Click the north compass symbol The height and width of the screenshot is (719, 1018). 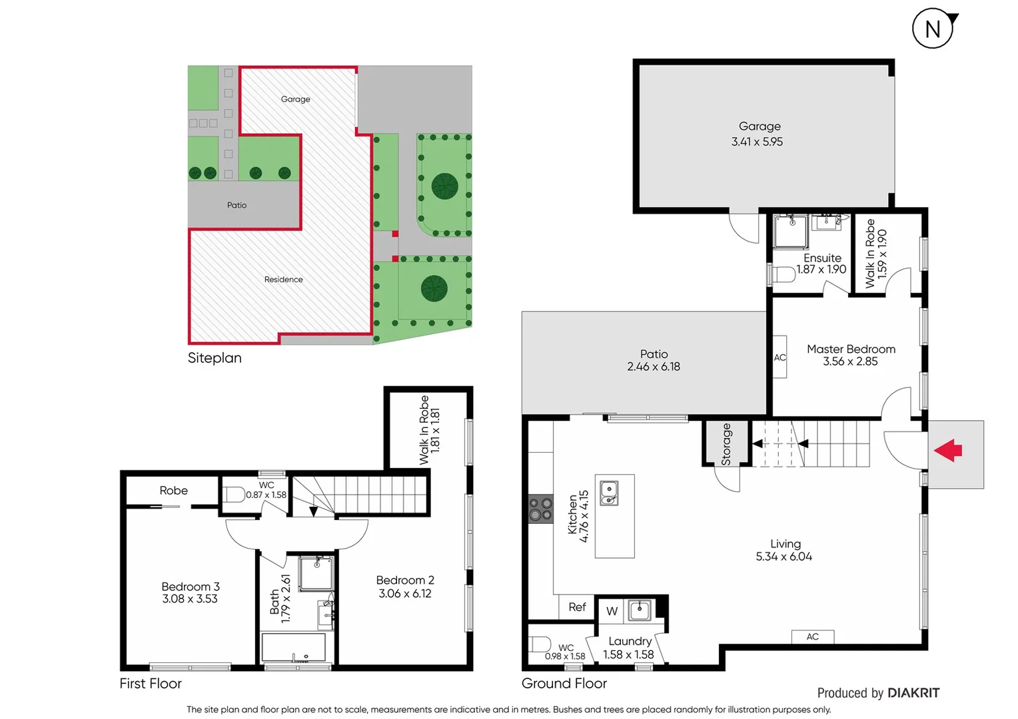(933, 29)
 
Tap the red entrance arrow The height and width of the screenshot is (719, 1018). (948, 451)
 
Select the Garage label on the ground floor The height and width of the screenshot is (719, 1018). (760, 126)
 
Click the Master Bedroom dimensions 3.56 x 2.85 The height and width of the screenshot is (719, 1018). (850, 361)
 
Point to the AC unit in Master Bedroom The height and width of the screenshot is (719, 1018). (779, 358)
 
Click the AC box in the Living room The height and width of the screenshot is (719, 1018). (812, 636)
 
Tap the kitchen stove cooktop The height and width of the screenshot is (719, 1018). (540, 509)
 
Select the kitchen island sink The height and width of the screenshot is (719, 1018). (609, 493)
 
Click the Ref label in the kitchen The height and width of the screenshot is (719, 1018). (577, 607)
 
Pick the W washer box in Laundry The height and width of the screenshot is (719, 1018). (612, 611)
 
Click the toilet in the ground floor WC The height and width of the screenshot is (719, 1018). (540, 644)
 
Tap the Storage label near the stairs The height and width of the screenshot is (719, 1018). (726, 444)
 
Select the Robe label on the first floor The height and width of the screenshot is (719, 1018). (173, 491)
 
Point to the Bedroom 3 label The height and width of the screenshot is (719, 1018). (191, 587)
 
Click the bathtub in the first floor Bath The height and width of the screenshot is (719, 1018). (294, 647)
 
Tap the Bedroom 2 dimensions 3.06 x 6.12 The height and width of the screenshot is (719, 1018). (405, 593)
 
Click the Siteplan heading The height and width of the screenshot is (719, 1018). (215, 358)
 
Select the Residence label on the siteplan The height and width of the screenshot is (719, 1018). (283, 280)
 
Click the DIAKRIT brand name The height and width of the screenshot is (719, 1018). (913, 693)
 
